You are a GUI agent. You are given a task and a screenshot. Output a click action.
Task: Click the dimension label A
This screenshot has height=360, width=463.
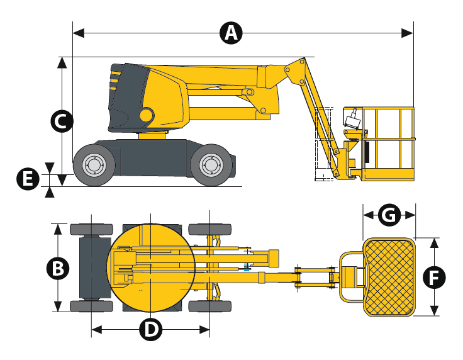pos(231,33)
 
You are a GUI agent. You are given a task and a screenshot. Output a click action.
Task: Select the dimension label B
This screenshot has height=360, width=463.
pos(58,269)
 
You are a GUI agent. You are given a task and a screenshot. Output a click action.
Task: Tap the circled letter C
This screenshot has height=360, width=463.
pos(62,121)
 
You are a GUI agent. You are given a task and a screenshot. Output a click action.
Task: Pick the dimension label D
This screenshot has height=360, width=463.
pos(151,329)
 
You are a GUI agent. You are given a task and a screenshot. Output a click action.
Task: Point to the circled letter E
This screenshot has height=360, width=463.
pos(28,179)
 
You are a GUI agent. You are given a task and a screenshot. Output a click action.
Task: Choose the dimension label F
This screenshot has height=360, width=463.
pos(434,277)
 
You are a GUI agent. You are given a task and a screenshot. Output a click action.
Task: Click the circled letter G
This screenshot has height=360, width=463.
pos(389,215)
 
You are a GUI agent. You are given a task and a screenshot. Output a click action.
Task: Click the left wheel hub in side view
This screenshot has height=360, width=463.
pos(94,165)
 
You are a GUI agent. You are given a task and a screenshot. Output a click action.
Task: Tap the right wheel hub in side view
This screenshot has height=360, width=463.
pos(211,165)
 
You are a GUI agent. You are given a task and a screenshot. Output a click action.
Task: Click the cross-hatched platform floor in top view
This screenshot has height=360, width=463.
pos(389,277)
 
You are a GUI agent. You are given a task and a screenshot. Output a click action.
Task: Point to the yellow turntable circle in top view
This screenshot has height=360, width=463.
pos(150,267)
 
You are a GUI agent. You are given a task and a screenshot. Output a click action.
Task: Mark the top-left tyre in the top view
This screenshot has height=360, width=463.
pos(92,230)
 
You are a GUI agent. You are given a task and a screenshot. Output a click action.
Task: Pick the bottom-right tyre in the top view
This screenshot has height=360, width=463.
pos(209,307)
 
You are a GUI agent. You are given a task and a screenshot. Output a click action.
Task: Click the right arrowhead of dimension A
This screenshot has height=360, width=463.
pos(408,33)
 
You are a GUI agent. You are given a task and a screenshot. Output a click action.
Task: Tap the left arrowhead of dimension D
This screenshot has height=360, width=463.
pos(97,330)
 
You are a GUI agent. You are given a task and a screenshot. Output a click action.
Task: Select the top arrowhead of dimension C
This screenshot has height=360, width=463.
pos(62,62)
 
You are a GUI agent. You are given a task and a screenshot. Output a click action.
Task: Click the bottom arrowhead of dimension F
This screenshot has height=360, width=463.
pos(434,310)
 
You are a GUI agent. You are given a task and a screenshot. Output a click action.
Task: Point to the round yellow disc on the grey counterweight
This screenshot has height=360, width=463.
pos(146,115)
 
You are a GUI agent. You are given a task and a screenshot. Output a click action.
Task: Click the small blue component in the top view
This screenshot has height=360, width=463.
pos(246,267)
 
